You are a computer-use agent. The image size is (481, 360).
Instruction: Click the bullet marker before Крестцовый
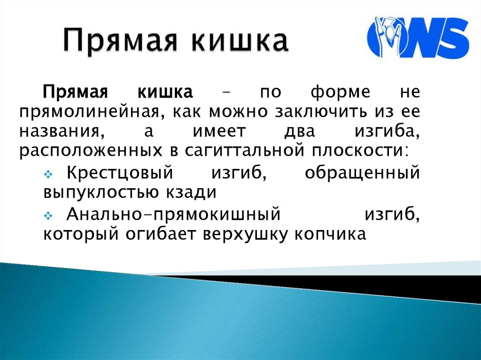(x=48, y=175)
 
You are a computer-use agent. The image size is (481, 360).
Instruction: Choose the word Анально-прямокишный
(x=173, y=214)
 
